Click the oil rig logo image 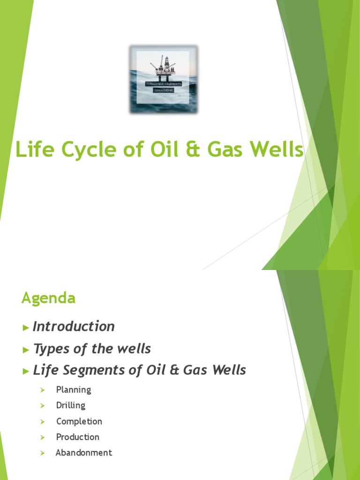(164, 79)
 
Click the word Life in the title (32, 150)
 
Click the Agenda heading (48, 299)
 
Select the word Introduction (74, 327)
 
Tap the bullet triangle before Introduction (26, 327)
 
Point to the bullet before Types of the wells (26, 349)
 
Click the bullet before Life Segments (26, 371)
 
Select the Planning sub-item (74, 390)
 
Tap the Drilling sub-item (71, 405)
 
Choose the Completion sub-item (79, 421)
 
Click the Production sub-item (78, 437)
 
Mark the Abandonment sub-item (84, 453)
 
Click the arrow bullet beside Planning (42, 390)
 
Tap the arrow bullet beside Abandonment (42, 453)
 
